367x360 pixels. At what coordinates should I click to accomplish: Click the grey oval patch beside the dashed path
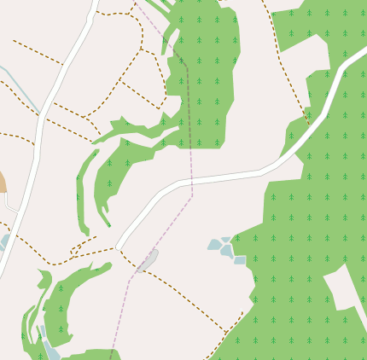click(x=149, y=259)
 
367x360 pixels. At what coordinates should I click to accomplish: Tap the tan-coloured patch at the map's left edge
click(x=2, y=182)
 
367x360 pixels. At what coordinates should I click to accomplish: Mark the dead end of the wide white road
click(x=119, y=245)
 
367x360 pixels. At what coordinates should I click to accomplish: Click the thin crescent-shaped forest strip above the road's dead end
click(x=84, y=192)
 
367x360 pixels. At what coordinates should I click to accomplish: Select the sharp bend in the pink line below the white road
click(x=192, y=196)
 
